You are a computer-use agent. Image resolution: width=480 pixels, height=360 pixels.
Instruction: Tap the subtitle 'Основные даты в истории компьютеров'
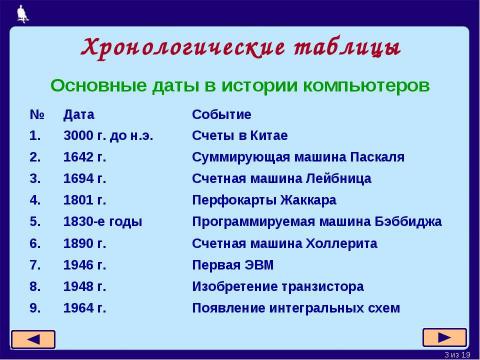[x=240, y=85]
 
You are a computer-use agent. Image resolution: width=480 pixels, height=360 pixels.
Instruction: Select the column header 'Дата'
[x=79, y=115]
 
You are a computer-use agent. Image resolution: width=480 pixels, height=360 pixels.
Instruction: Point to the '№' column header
[x=35, y=115]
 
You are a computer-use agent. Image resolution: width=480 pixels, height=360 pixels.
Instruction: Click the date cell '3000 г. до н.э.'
[x=107, y=136]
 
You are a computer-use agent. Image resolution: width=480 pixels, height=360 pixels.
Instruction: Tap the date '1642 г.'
[x=84, y=157]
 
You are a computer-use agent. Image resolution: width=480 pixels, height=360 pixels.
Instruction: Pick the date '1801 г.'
[x=84, y=200]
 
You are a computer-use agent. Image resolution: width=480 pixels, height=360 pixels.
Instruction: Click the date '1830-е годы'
[x=101, y=221]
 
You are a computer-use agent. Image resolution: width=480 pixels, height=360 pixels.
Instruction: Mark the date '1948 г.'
[x=84, y=286]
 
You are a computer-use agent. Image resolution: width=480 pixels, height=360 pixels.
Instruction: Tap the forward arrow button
[x=444, y=338]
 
